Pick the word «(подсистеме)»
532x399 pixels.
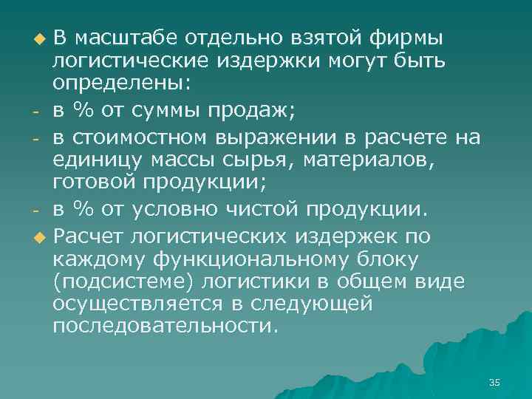118,282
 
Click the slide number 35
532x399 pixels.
494,382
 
